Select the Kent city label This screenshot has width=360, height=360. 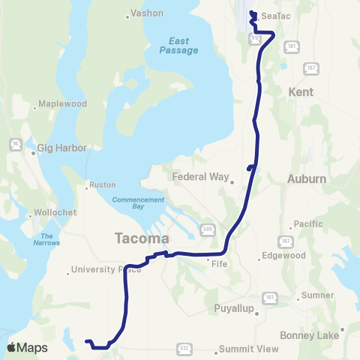click(300, 91)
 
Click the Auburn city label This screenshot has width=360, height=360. click(307, 179)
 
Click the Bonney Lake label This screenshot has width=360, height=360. click(309, 335)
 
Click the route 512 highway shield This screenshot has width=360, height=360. click(184, 348)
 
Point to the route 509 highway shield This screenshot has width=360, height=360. click(207, 228)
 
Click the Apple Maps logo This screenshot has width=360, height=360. click(27, 347)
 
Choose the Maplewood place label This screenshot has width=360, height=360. click(63, 103)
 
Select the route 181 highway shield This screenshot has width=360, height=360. click(289, 46)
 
